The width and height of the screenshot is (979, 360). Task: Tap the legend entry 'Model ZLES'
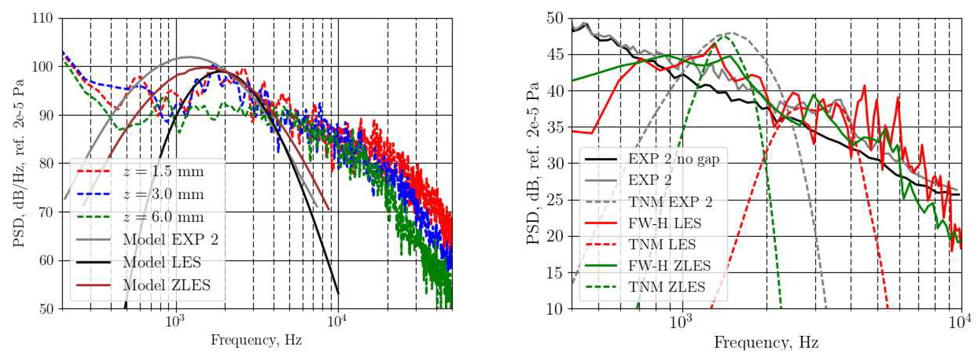tap(167, 285)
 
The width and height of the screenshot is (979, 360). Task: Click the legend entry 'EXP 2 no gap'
tap(673, 159)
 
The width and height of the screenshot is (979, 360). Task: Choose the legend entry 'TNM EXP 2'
tap(670, 202)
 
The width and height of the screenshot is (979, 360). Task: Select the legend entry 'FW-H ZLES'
tap(669, 266)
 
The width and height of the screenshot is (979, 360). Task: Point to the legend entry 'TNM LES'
tap(662, 244)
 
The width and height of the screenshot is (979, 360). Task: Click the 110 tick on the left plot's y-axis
tap(47, 18)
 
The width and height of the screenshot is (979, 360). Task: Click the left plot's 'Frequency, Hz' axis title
tap(257, 339)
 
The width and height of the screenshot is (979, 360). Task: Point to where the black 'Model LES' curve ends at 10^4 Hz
tap(338, 293)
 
